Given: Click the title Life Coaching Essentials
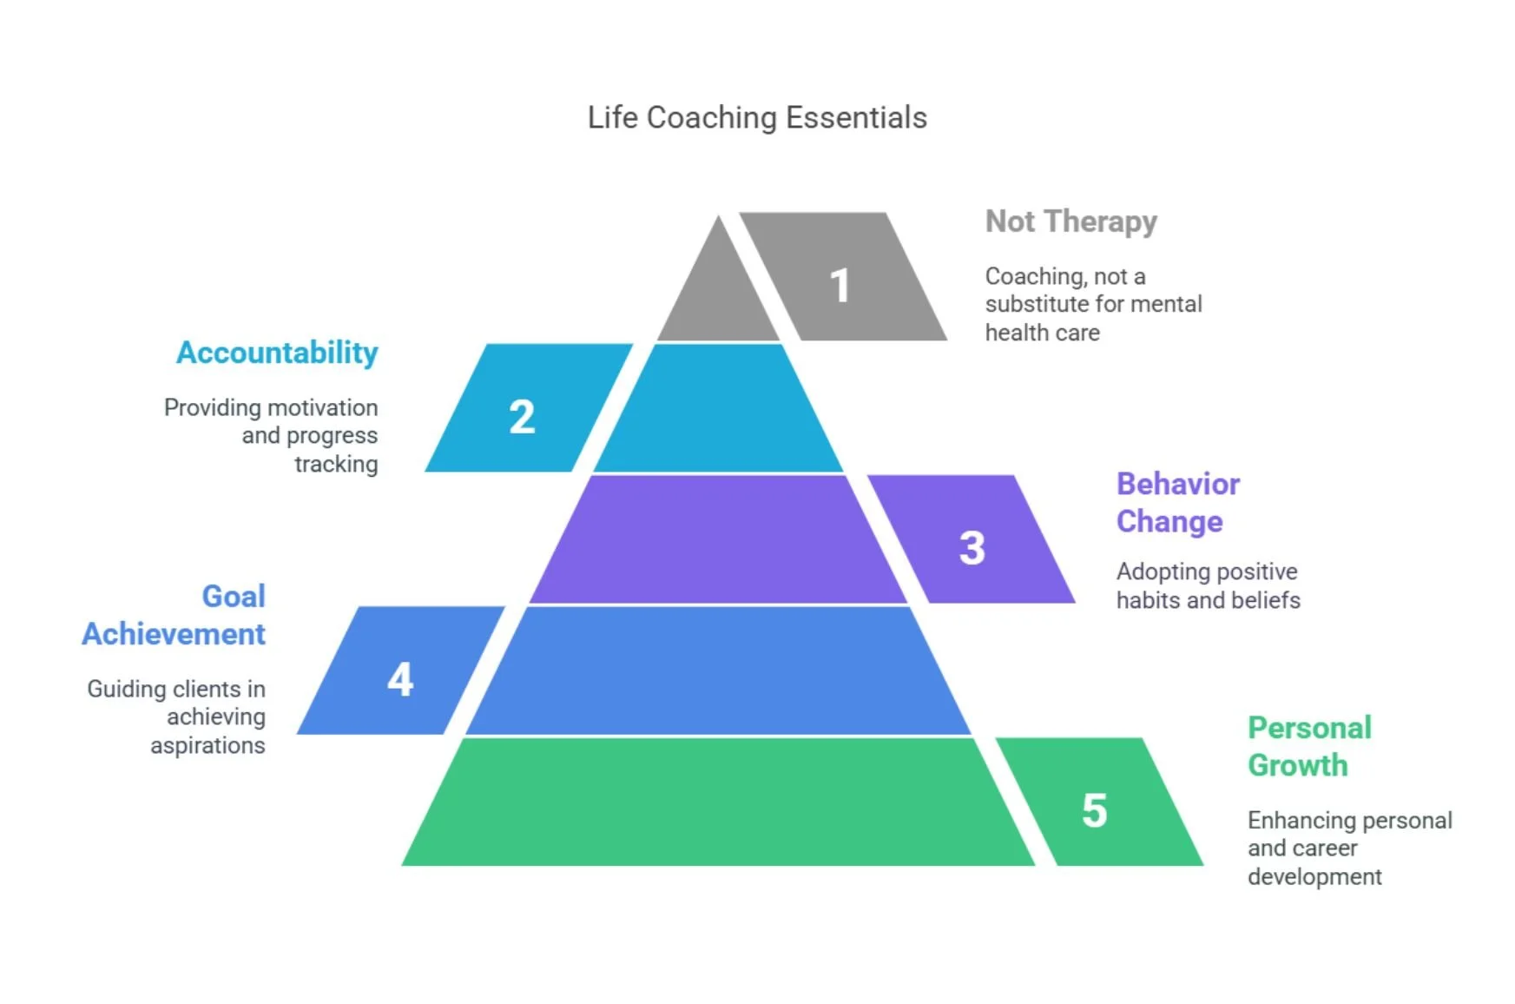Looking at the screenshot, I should (x=757, y=117).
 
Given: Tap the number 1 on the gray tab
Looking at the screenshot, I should (x=840, y=286).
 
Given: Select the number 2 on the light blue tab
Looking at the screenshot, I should (x=522, y=417).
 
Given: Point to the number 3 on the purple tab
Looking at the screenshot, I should (x=972, y=548).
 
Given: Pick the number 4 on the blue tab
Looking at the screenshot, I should (x=400, y=679).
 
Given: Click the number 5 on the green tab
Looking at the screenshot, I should (x=1095, y=810).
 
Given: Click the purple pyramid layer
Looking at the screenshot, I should (x=719, y=539).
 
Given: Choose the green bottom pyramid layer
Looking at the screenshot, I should (x=719, y=802).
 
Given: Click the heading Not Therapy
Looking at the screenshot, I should (x=1070, y=221).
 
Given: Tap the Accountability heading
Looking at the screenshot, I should (x=277, y=353).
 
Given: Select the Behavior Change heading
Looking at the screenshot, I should (x=1177, y=502).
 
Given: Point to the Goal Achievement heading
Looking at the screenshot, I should (x=175, y=615).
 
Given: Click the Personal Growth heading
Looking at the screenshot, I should (x=1309, y=746).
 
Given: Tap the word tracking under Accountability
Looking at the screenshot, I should (x=336, y=464).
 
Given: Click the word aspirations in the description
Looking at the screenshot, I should (x=207, y=745).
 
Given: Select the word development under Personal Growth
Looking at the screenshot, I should (x=1314, y=876).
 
